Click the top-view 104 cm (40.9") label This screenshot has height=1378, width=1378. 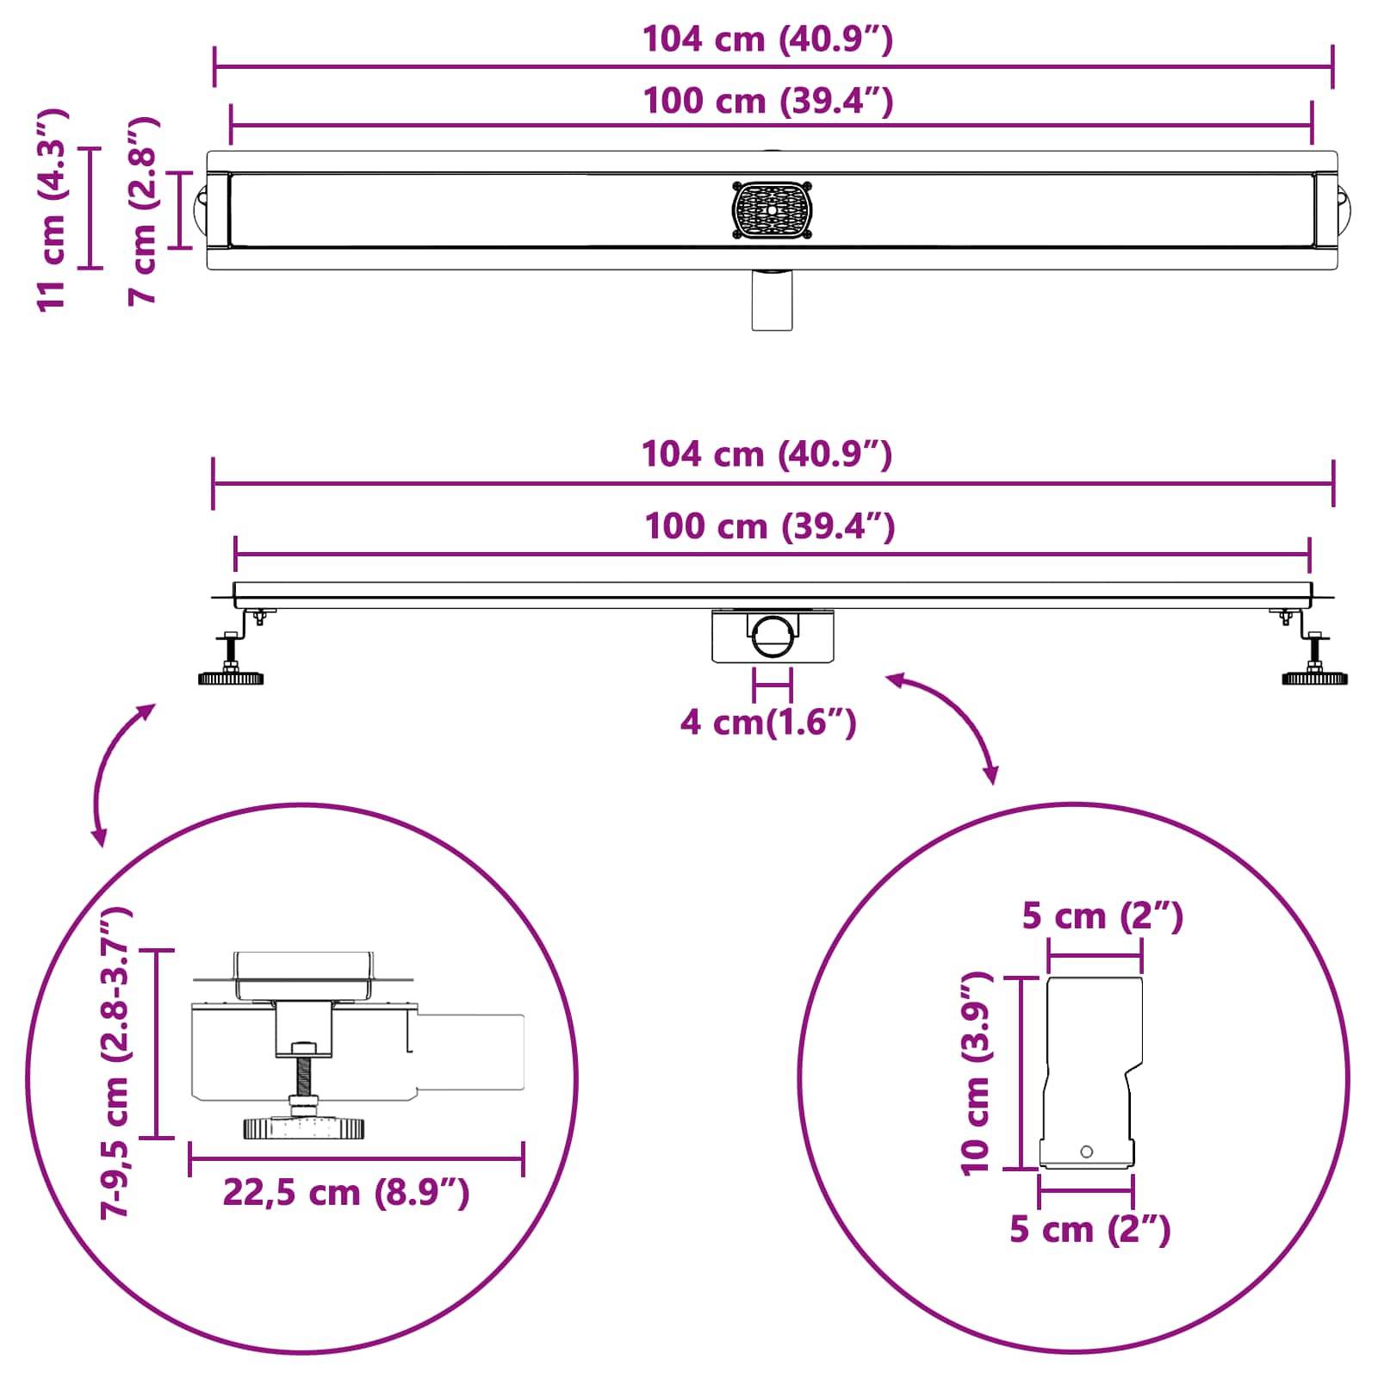767,40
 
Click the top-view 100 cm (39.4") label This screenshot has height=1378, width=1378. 767,102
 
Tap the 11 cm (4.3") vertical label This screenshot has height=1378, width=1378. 51,208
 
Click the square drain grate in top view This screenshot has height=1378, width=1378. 773,209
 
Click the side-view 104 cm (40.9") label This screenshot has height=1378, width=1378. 767,454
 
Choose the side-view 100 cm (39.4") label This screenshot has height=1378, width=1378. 769,526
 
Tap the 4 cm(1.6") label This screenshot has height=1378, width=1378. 768,722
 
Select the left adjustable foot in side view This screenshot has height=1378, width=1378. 231,663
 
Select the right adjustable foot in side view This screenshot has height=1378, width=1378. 1314,663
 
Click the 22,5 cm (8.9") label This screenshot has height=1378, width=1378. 346,1193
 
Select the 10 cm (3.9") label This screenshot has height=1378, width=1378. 977,1073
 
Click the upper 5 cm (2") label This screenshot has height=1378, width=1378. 1102,916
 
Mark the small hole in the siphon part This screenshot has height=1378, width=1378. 1086,1151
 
